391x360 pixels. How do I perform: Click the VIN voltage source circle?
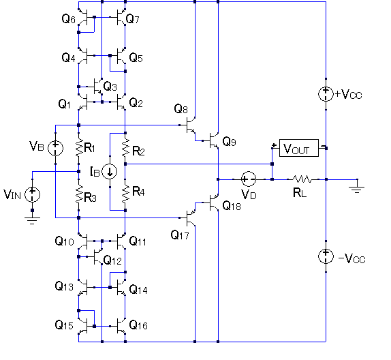tap(32, 195)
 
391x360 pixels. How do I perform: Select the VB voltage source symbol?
tap(55, 148)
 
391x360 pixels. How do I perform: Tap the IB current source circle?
tap(110, 172)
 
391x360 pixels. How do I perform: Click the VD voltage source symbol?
tap(249, 179)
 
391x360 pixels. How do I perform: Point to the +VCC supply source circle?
tap(326, 94)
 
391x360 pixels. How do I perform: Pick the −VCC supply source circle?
tap(326, 256)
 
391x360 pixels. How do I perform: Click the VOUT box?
tap(299, 148)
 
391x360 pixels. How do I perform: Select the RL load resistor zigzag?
tap(302, 179)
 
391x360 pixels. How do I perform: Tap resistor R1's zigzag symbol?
tap(79, 148)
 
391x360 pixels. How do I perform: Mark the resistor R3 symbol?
tap(79, 195)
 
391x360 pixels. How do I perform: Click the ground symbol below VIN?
tap(32, 220)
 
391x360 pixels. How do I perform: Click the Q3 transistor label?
tap(110, 87)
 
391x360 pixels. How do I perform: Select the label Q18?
tap(232, 206)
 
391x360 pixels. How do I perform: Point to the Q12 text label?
tap(112, 260)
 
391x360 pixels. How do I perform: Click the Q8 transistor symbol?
tap(191, 125)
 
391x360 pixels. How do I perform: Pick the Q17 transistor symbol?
tap(191, 217)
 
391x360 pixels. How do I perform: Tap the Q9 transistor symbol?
tap(213, 140)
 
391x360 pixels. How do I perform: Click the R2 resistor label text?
tap(138, 151)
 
